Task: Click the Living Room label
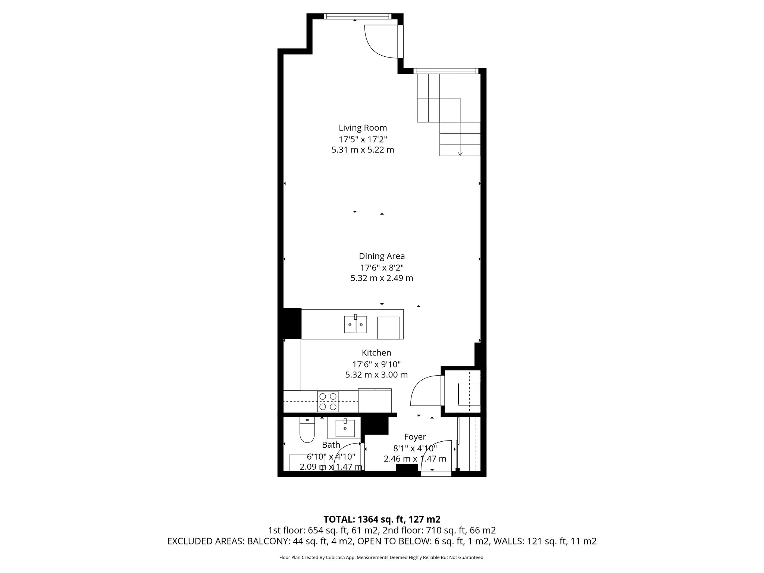pos(363,128)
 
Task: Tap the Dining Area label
pos(382,256)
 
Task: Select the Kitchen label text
pos(376,353)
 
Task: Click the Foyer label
pos(415,437)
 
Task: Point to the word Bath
pos(331,445)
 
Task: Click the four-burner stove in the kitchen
pos(328,401)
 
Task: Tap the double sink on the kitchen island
pos(356,324)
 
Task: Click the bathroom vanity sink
pos(345,428)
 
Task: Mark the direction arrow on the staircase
pos(460,153)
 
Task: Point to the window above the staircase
pos(446,71)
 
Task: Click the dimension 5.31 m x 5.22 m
pos(363,150)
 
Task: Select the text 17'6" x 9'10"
pos(376,364)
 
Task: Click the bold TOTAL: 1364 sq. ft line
pos(382,519)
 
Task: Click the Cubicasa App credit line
pos(382,558)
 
